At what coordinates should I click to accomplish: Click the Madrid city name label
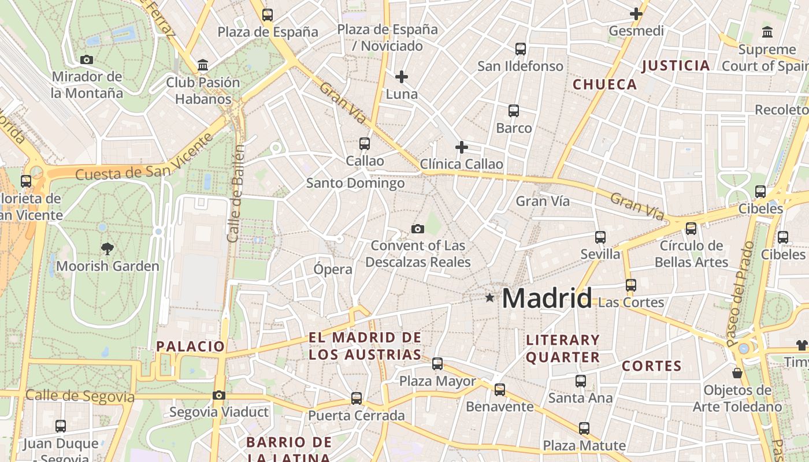pyautogui.click(x=547, y=298)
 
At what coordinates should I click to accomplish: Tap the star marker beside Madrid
pyautogui.click(x=490, y=298)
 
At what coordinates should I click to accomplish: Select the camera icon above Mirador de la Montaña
pyautogui.click(x=87, y=59)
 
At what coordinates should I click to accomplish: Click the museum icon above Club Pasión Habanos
pyautogui.click(x=203, y=65)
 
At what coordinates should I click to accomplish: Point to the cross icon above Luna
pyautogui.click(x=402, y=76)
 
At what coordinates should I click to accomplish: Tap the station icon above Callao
pyautogui.click(x=365, y=143)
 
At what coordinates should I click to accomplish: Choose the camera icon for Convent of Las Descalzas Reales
pyautogui.click(x=418, y=229)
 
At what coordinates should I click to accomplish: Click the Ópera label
pyautogui.click(x=333, y=269)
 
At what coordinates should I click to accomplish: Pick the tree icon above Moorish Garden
pyautogui.click(x=107, y=249)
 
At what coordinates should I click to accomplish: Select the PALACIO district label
pyautogui.click(x=190, y=346)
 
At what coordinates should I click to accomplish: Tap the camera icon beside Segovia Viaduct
pyautogui.click(x=218, y=395)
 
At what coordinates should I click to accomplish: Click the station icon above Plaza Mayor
pyautogui.click(x=437, y=364)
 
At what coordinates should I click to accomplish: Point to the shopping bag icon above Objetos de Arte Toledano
pyautogui.click(x=737, y=373)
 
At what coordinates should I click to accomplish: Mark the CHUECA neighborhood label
pyautogui.click(x=605, y=84)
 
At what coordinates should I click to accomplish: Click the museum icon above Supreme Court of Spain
pyautogui.click(x=767, y=32)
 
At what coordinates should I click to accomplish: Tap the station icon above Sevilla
pyautogui.click(x=600, y=237)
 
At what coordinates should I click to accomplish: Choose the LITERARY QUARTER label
pyautogui.click(x=563, y=348)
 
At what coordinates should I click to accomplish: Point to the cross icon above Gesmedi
pyautogui.click(x=636, y=14)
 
